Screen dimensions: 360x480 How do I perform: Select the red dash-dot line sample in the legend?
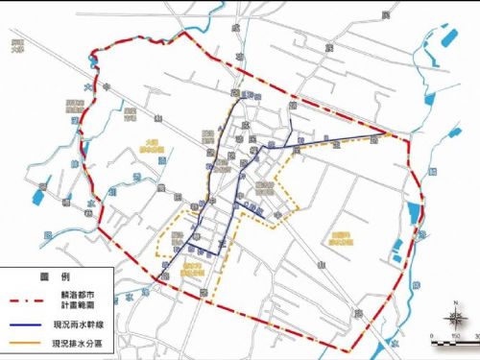27,300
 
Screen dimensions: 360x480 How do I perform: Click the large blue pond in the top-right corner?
447,38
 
